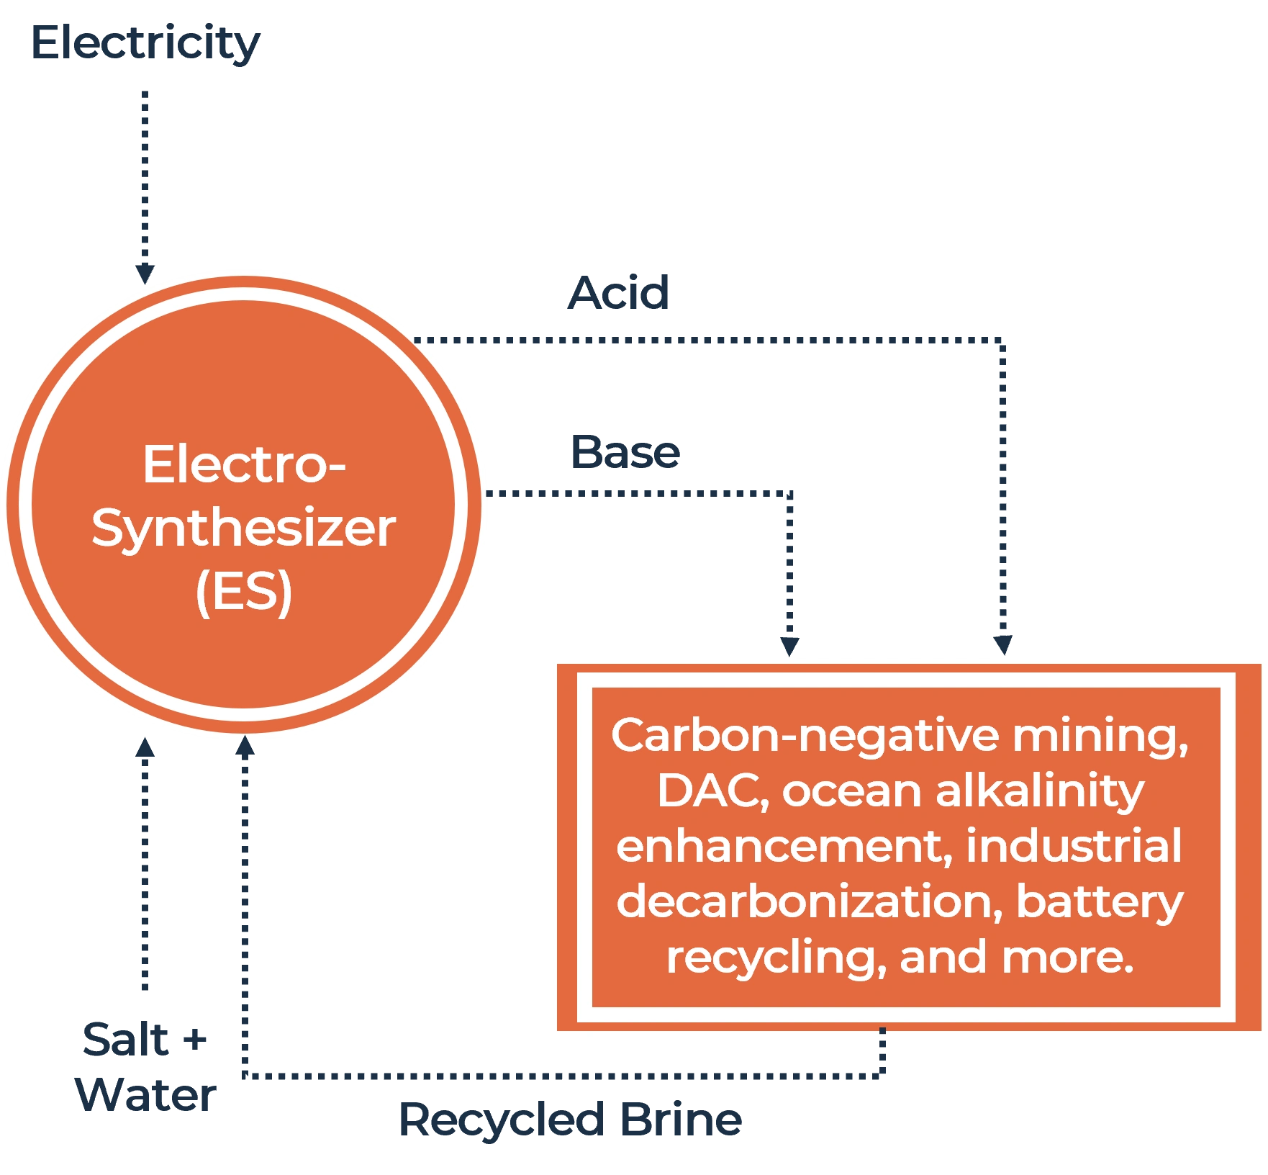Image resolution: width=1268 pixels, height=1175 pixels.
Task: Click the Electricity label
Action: [x=144, y=45]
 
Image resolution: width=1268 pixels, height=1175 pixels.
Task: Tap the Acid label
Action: [x=617, y=293]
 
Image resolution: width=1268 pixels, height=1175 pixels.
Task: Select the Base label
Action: [x=625, y=453]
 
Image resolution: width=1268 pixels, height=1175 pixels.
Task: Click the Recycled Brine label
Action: [x=569, y=1121]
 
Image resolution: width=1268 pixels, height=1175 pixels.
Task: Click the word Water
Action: [x=146, y=1096]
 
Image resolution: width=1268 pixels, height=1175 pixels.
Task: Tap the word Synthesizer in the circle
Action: [x=243, y=528]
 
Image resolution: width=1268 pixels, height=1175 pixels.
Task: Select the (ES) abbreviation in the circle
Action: [x=243, y=591]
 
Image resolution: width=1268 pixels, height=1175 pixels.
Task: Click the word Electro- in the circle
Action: [x=244, y=464]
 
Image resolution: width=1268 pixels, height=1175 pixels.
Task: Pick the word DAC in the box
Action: [x=708, y=791]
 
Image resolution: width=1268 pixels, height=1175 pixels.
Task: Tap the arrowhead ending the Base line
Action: [x=789, y=642]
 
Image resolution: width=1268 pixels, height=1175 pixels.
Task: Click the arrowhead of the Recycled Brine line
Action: [x=246, y=747]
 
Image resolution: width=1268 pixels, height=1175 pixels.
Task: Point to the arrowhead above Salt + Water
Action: [x=144, y=750]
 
